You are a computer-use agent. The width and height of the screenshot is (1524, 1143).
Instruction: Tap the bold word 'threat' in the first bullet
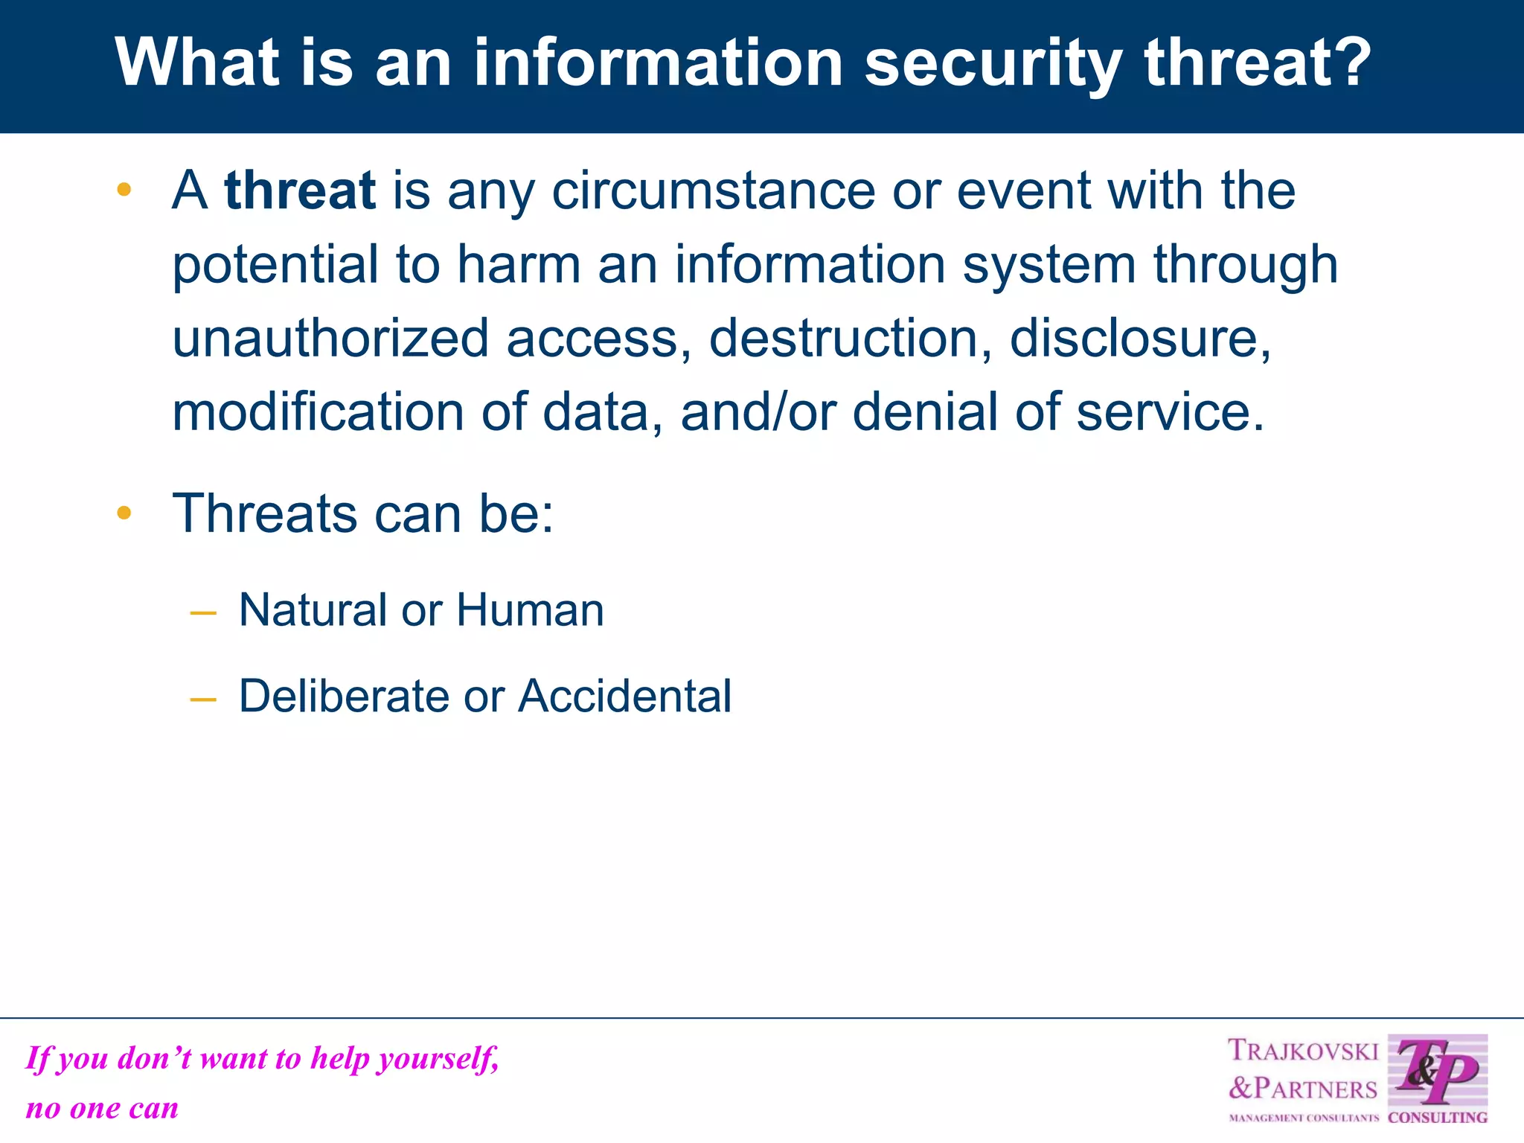(300, 190)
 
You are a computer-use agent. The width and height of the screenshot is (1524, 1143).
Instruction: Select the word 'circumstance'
(714, 190)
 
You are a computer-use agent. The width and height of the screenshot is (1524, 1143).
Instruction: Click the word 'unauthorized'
(330, 339)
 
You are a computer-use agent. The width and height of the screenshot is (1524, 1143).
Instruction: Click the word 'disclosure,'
(1141, 339)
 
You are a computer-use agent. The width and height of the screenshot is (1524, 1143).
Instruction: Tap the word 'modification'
(318, 412)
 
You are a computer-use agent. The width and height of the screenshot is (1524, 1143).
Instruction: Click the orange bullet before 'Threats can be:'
(124, 513)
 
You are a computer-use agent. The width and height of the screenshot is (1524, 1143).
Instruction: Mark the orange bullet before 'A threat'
(124, 190)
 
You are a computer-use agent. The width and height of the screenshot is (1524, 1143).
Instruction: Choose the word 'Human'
(530, 610)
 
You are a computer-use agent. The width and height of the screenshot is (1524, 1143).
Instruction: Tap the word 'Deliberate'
(344, 697)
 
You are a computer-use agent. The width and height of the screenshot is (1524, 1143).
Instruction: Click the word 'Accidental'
(625, 697)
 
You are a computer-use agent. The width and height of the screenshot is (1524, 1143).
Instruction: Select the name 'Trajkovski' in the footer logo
(1303, 1051)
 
